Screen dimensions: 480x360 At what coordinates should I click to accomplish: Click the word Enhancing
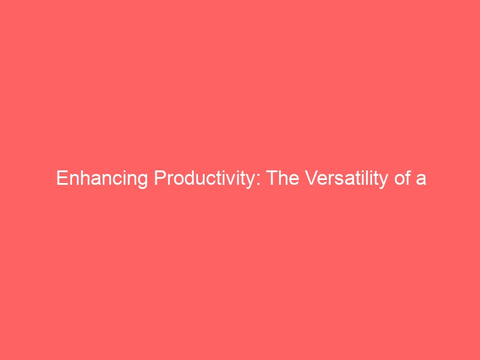pos(102,178)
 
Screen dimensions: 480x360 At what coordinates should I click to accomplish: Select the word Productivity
pos(204,178)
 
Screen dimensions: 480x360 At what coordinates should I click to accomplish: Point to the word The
pos(283,178)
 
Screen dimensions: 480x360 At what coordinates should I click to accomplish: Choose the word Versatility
pos(347,178)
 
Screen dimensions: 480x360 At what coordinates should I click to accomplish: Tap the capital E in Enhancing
pos(62,178)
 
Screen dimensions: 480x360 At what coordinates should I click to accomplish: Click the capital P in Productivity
pos(160,178)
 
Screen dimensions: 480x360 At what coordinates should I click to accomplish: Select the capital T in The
pos(272,178)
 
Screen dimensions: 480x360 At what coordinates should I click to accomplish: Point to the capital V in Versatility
pos(311,178)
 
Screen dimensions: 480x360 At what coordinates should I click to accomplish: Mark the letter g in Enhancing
pos(143,182)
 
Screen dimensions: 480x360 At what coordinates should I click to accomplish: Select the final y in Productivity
pos(250,182)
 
